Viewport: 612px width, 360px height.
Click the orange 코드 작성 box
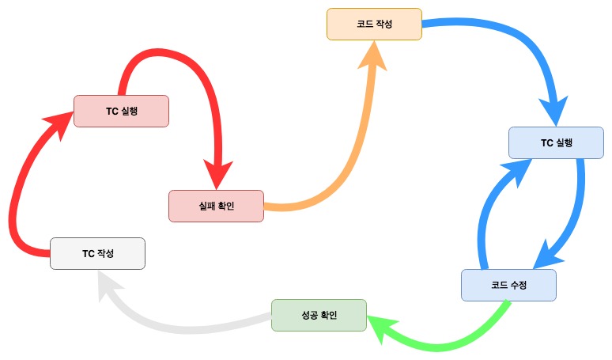click(x=374, y=25)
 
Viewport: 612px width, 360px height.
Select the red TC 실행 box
click(x=121, y=111)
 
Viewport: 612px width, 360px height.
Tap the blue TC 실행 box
click(x=556, y=142)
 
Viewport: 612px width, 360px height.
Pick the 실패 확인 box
click(x=216, y=206)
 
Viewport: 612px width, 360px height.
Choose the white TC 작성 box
click(x=97, y=253)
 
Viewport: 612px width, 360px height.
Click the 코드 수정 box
click(x=508, y=285)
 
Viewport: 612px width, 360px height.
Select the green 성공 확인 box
click(x=319, y=315)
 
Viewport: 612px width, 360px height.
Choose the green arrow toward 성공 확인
click(x=443, y=344)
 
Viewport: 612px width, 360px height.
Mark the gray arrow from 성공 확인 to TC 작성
click(x=190, y=324)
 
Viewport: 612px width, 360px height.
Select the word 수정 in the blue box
click(x=519, y=285)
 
